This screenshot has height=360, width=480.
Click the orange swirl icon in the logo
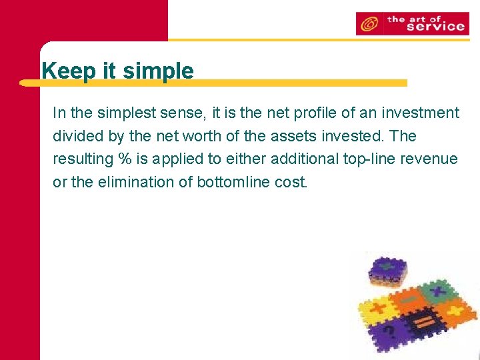[368, 25]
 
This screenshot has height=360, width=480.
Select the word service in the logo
[435, 27]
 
